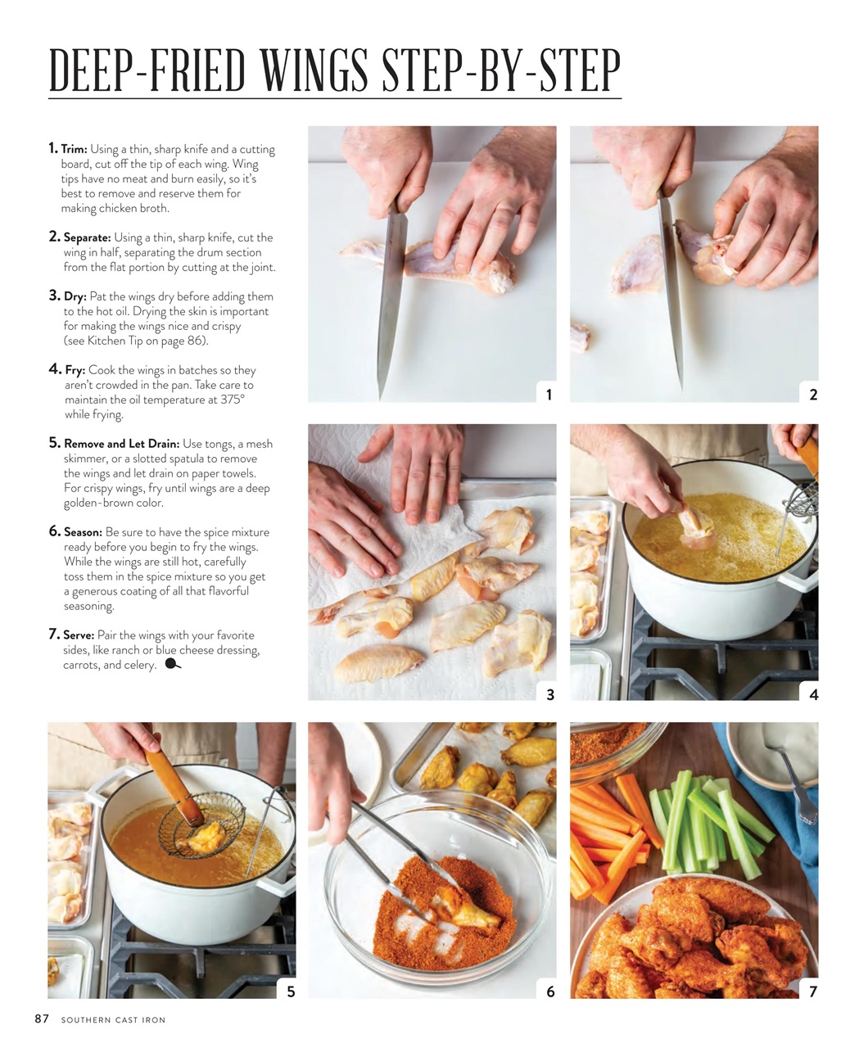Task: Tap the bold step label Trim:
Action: tap(74, 150)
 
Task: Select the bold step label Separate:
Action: tap(87, 238)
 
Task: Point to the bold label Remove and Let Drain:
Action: tap(121, 445)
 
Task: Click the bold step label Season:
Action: tap(83, 533)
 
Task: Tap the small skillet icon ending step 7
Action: tap(173, 665)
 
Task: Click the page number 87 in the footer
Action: tap(42, 1019)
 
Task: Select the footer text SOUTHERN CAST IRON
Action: tap(113, 1020)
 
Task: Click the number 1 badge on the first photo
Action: tap(549, 395)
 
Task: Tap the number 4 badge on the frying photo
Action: tap(812, 694)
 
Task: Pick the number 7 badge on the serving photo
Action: tap(812, 992)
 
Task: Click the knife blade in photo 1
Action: tap(391, 311)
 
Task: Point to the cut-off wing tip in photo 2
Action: tap(580, 337)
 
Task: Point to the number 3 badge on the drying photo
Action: tap(549, 694)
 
